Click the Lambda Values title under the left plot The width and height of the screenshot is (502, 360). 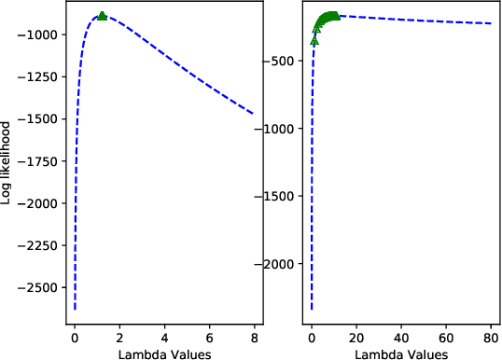tap(164, 353)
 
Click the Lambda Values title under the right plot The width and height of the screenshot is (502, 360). tap(402, 353)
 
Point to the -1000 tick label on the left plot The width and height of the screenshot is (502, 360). tap(43, 35)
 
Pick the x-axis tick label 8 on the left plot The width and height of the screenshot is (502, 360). tap(254, 337)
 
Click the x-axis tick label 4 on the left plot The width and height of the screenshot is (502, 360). tap(164, 337)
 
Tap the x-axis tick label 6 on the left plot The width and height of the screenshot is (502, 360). tap(209, 337)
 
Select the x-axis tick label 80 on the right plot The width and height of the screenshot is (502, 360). tap(491, 337)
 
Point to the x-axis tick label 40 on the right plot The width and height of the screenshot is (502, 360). tap(401, 337)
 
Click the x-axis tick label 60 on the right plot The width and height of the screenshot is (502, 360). tap(446, 337)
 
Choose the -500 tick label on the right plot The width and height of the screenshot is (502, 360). tap(284, 62)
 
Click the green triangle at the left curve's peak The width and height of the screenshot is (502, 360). tap(102, 16)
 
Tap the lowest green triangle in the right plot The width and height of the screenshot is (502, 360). tap(314, 41)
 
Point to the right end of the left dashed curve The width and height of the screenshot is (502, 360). tap(253, 113)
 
